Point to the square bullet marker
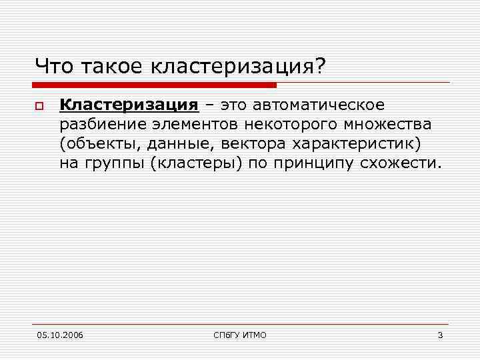pyautogui.click(x=39, y=106)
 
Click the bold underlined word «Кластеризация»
pyautogui.click(x=129, y=105)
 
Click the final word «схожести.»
pyautogui.click(x=401, y=163)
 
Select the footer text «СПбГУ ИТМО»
pyautogui.click(x=239, y=335)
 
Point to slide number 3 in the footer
pyautogui.click(x=440, y=335)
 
